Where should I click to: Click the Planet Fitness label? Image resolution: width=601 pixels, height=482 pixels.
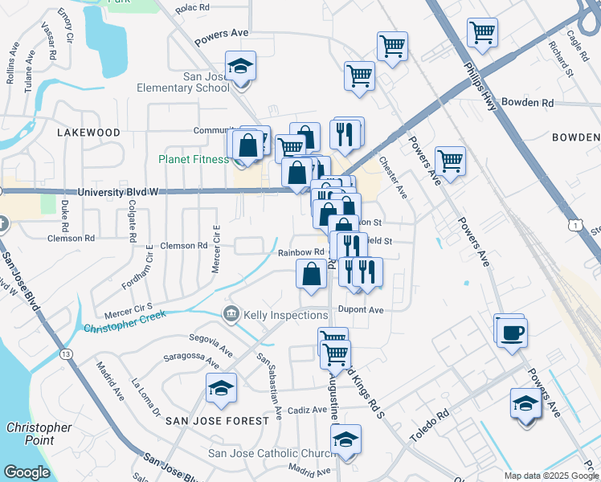click(x=193, y=159)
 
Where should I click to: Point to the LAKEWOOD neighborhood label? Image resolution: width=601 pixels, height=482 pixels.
click(x=88, y=133)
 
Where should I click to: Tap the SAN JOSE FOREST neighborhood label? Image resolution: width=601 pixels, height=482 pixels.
click(x=217, y=421)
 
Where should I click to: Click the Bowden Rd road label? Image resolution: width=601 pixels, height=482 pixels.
click(x=527, y=103)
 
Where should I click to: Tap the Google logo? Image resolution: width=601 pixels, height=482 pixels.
click(x=27, y=472)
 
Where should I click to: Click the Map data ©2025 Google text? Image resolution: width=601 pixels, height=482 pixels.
click(x=550, y=476)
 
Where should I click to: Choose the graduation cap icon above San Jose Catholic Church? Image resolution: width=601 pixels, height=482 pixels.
click(x=345, y=439)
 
